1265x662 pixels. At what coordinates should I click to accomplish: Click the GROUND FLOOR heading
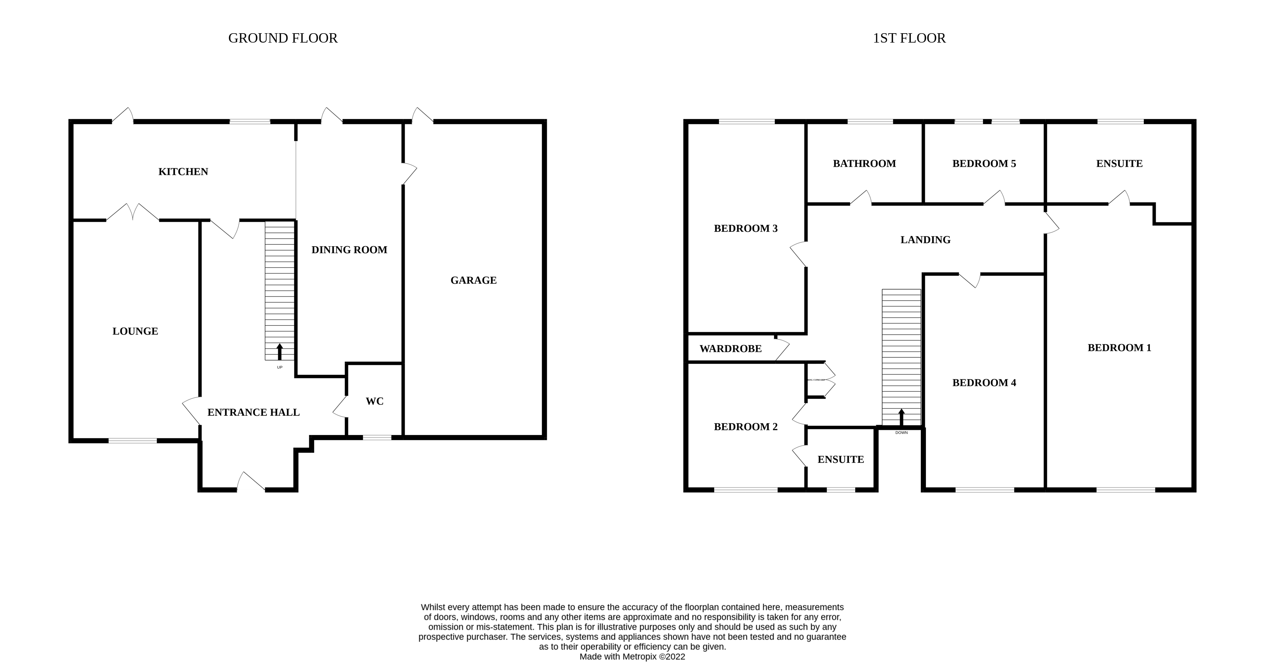click(x=283, y=38)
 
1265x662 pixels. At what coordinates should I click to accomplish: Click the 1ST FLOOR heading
click(x=909, y=38)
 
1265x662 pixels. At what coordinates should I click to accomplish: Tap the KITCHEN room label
click(x=183, y=171)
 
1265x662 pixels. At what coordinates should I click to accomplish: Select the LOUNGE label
click(x=135, y=331)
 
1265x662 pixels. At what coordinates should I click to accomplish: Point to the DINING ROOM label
click(x=349, y=250)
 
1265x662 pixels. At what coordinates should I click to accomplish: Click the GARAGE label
click(x=473, y=280)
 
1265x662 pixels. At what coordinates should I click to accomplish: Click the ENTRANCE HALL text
click(x=253, y=412)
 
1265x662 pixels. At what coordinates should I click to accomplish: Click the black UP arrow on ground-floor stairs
click(x=280, y=352)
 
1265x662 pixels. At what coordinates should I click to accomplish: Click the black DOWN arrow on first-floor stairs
click(x=901, y=417)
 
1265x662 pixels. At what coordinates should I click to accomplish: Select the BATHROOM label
click(x=864, y=164)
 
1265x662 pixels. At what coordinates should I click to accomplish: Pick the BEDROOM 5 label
click(x=984, y=164)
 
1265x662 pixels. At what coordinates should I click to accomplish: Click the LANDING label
click(x=925, y=240)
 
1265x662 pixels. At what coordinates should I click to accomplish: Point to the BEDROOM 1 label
click(x=1119, y=348)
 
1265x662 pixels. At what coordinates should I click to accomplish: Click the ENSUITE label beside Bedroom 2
click(x=840, y=460)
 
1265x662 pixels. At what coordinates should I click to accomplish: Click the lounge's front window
click(x=133, y=441)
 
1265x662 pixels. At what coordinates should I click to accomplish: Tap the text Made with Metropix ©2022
click(x=632, y=657)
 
